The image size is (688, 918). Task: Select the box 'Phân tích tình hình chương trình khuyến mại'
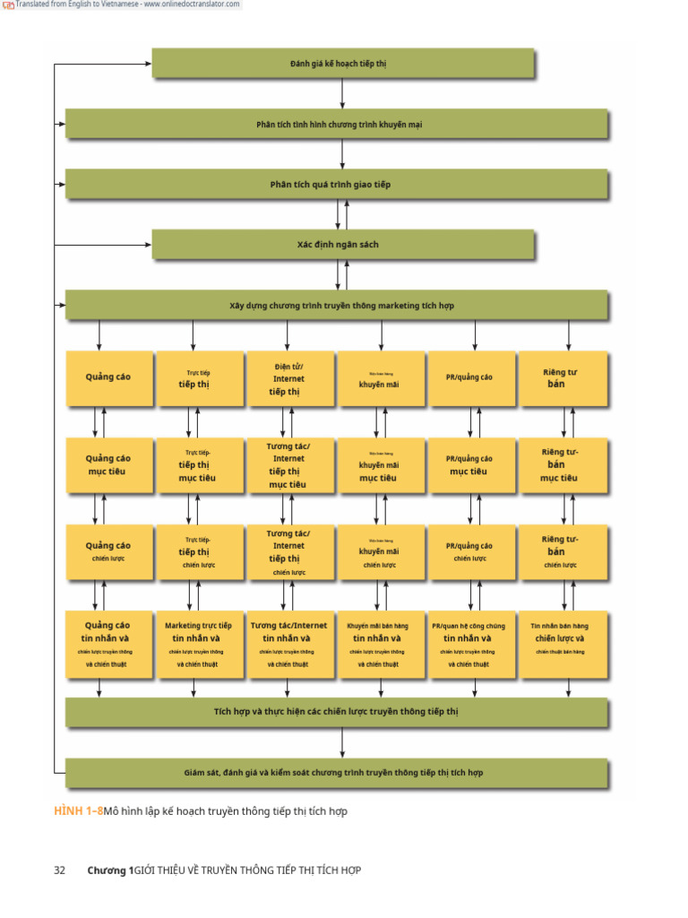tap(339, 125)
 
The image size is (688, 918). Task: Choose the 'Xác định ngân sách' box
tap(339, 244)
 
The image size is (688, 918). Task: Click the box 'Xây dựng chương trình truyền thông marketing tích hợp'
tap(339, 306)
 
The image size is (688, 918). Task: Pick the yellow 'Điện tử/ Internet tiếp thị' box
tap(288, 379)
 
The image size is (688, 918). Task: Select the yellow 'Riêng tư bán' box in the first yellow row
tap(563, 379)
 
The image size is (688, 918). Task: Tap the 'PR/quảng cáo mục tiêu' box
tap(471, 465)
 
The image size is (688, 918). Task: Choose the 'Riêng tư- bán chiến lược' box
tap(563, 551)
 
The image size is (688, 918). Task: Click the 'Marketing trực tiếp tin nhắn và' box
tap(199, 645)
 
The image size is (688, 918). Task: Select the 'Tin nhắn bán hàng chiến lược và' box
tap(563, 645)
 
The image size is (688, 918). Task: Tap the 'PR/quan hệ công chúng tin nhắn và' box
tap(471, 645)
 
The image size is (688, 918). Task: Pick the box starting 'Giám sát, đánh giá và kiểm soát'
tap(339, 772)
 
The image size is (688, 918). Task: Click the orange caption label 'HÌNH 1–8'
tap(78, 811)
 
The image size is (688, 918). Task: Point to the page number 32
tap(60, 870)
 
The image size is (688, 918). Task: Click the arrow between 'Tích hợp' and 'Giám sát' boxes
tap(342, 742)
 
